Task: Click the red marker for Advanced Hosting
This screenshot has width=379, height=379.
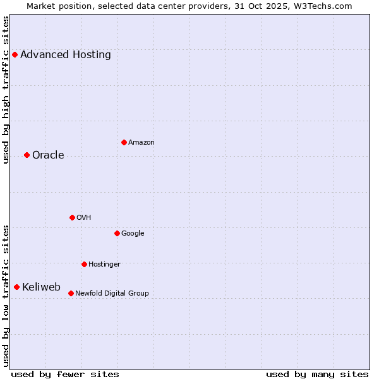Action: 15,54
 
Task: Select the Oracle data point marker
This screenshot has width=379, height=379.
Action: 27,155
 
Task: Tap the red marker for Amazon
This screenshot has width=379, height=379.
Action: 124,142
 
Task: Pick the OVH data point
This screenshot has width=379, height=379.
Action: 72,217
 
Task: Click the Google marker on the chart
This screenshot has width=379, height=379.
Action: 117,233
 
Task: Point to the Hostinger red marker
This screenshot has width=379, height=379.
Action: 84,264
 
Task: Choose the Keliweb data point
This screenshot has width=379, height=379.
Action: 16,287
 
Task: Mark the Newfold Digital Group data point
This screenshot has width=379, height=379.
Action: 71,293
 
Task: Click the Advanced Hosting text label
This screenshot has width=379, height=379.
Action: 66,54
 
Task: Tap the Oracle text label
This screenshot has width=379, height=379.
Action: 48,155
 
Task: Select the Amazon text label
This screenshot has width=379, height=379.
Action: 141,143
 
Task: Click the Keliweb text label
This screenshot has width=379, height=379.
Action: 41,287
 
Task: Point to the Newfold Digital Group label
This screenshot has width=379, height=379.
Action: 112,293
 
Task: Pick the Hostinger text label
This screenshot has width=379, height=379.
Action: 104,264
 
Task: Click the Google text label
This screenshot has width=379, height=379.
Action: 133,234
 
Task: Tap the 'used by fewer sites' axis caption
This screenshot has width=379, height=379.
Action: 65,374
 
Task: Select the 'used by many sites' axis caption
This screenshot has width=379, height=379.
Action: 317,374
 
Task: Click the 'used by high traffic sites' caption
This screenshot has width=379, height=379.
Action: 6,89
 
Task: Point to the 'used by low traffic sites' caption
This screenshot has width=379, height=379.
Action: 6,296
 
